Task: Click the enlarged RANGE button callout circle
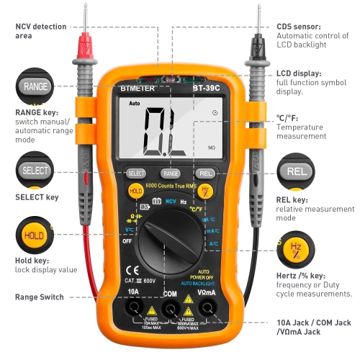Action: click(35, 86)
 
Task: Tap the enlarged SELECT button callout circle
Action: click(35, 171)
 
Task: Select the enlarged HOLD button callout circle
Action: click(34, 235)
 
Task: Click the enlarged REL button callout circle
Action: click(296, 171)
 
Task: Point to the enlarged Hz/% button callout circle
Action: click(296, 249)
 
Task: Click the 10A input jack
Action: click(133, 308)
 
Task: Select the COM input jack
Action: click(171, 308)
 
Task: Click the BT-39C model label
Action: click(207, 89)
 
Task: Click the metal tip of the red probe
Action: click(86, 17)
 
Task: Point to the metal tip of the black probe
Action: click(257, 17)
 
